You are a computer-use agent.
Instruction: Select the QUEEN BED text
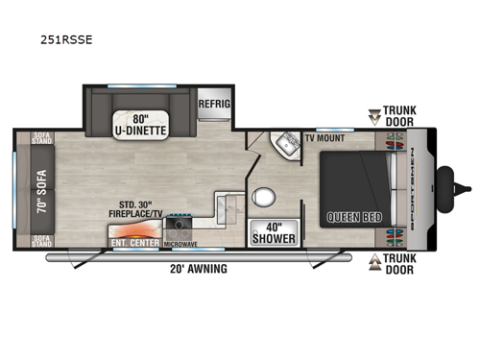point(354,217)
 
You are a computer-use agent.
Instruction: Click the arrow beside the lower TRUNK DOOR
point(375,259)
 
